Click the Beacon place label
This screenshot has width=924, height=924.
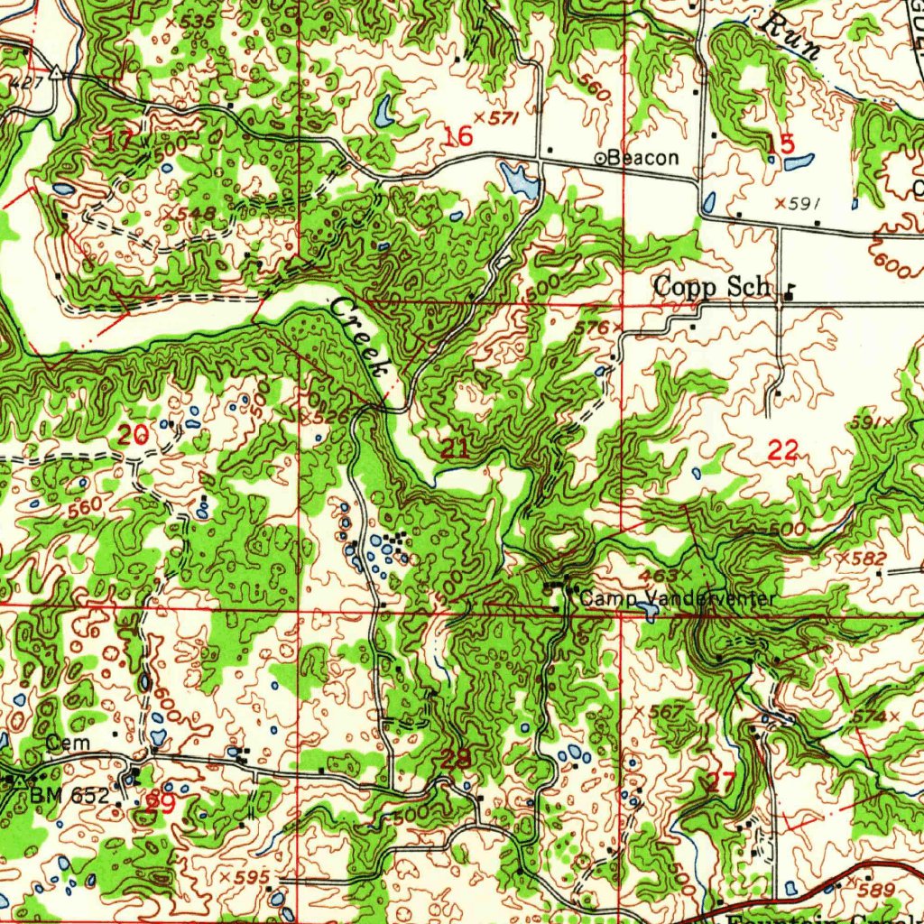643,158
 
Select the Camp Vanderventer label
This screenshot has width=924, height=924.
676,598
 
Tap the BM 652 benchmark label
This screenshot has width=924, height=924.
69,796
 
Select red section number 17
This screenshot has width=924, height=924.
119,140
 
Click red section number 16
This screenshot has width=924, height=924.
458,136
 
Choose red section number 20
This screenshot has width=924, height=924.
133,436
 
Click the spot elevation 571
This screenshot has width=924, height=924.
497,117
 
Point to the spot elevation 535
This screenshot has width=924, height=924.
198,20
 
